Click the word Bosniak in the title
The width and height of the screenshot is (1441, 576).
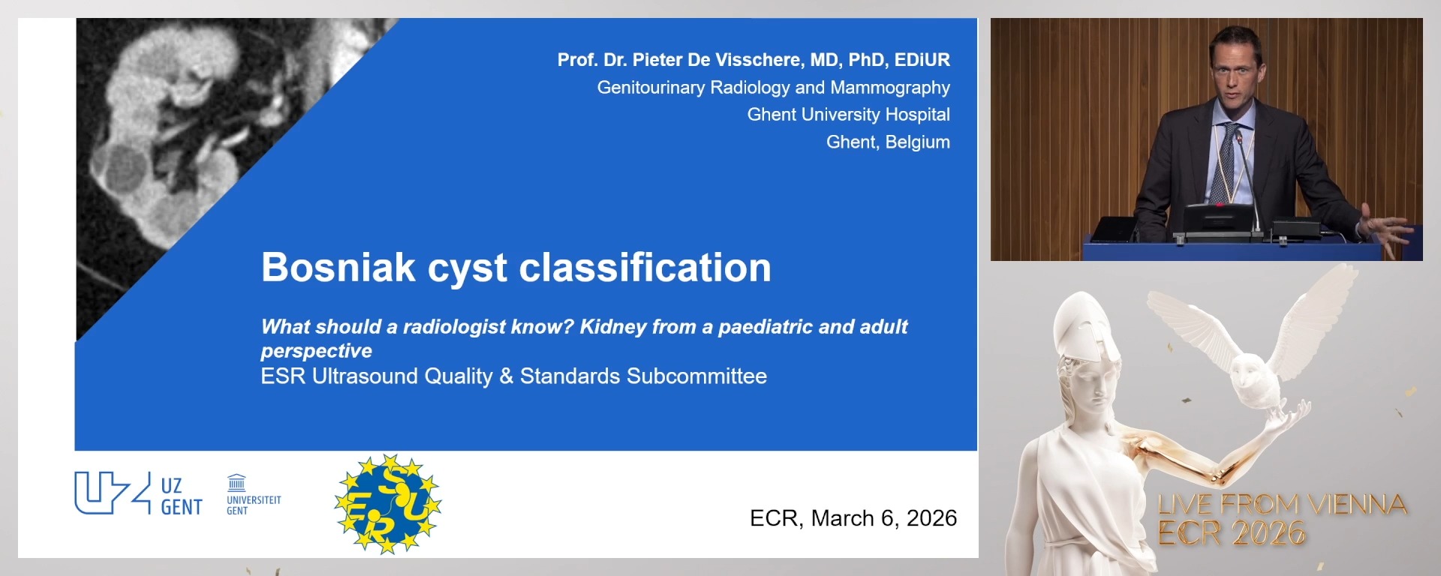(338, 268)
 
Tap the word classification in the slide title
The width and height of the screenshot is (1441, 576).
(645, 268)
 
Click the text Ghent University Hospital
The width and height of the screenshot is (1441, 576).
(848, 115)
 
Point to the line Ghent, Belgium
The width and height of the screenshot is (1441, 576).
(887, 142)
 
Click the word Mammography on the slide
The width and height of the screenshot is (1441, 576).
(890, 88)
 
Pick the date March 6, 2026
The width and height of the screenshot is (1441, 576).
(883, 518)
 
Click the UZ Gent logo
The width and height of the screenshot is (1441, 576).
(138, 494)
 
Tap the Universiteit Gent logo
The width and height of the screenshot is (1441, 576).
(253, 495)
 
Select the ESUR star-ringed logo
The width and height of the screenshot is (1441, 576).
(387, 503)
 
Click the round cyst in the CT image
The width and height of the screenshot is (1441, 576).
(125, 167)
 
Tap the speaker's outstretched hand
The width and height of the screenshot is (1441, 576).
(1388, 226)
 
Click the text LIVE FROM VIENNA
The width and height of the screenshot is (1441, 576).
(1281, 505)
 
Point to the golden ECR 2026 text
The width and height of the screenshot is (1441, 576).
(1231, 533)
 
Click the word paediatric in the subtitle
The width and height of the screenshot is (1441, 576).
(765, 327)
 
